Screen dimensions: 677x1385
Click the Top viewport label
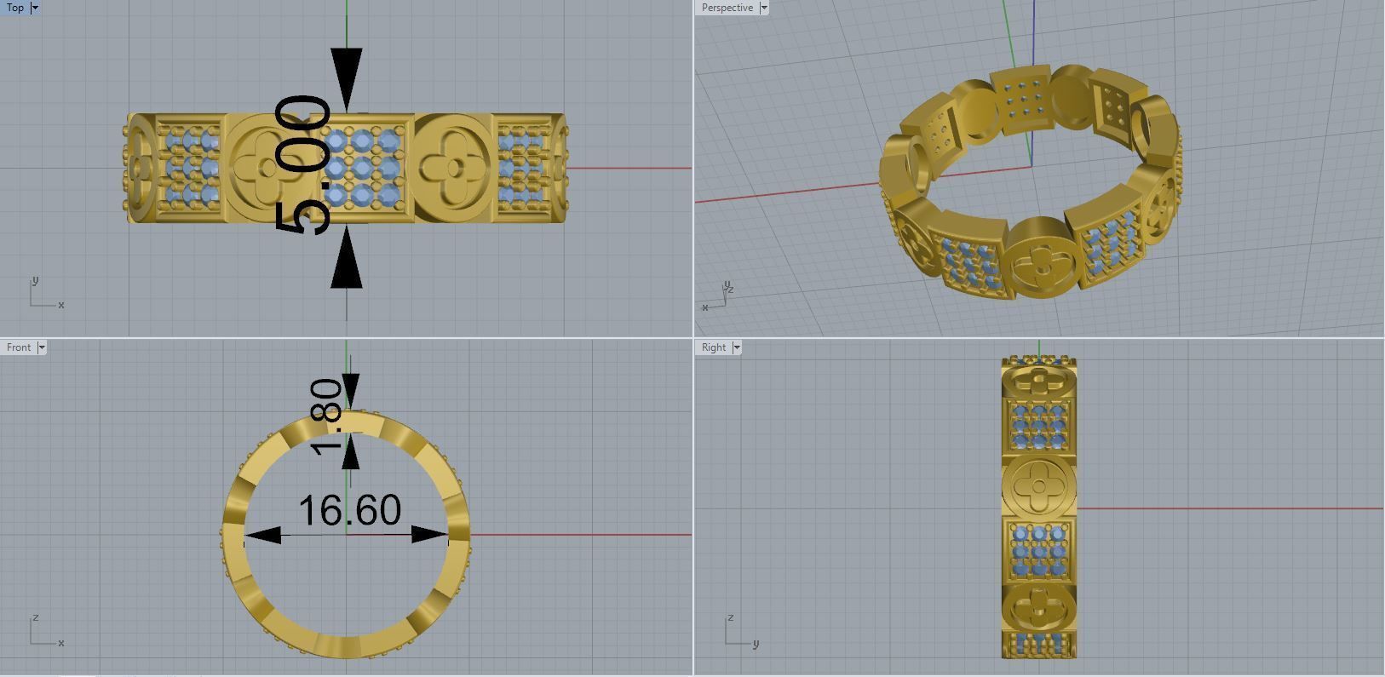[x=15, y=8]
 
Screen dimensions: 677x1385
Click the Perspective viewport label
[x=727, y=8]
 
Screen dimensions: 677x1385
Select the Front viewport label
[x=19, y=347]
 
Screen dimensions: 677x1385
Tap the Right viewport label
[x=714, y=347]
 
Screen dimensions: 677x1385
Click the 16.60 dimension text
[x=349, y=510]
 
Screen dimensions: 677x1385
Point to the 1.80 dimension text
[x=328, y=416]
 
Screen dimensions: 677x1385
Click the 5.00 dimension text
[x=303, y=165]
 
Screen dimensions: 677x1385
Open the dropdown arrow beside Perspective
[x=764, y=8]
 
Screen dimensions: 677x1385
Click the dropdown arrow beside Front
[x=42, y=347]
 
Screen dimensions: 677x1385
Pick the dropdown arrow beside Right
[x=737, y=347]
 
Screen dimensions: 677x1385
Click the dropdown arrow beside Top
[x=35, y=8]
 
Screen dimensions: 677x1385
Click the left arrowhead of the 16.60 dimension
[x=262, y=536]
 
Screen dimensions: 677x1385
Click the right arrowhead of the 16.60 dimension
[x=430, y=535]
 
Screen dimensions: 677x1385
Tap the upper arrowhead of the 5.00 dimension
[x=347, y=77]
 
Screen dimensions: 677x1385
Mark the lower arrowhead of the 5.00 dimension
[x=347, y=259]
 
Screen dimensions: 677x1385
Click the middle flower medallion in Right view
[x=1039, y=487]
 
